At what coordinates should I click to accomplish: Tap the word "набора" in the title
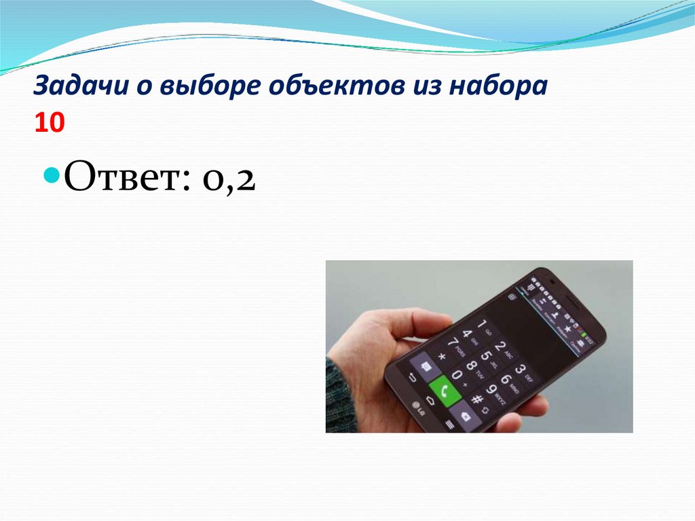497,88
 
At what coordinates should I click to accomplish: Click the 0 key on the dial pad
459,376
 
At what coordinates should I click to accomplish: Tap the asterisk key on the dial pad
443,356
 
